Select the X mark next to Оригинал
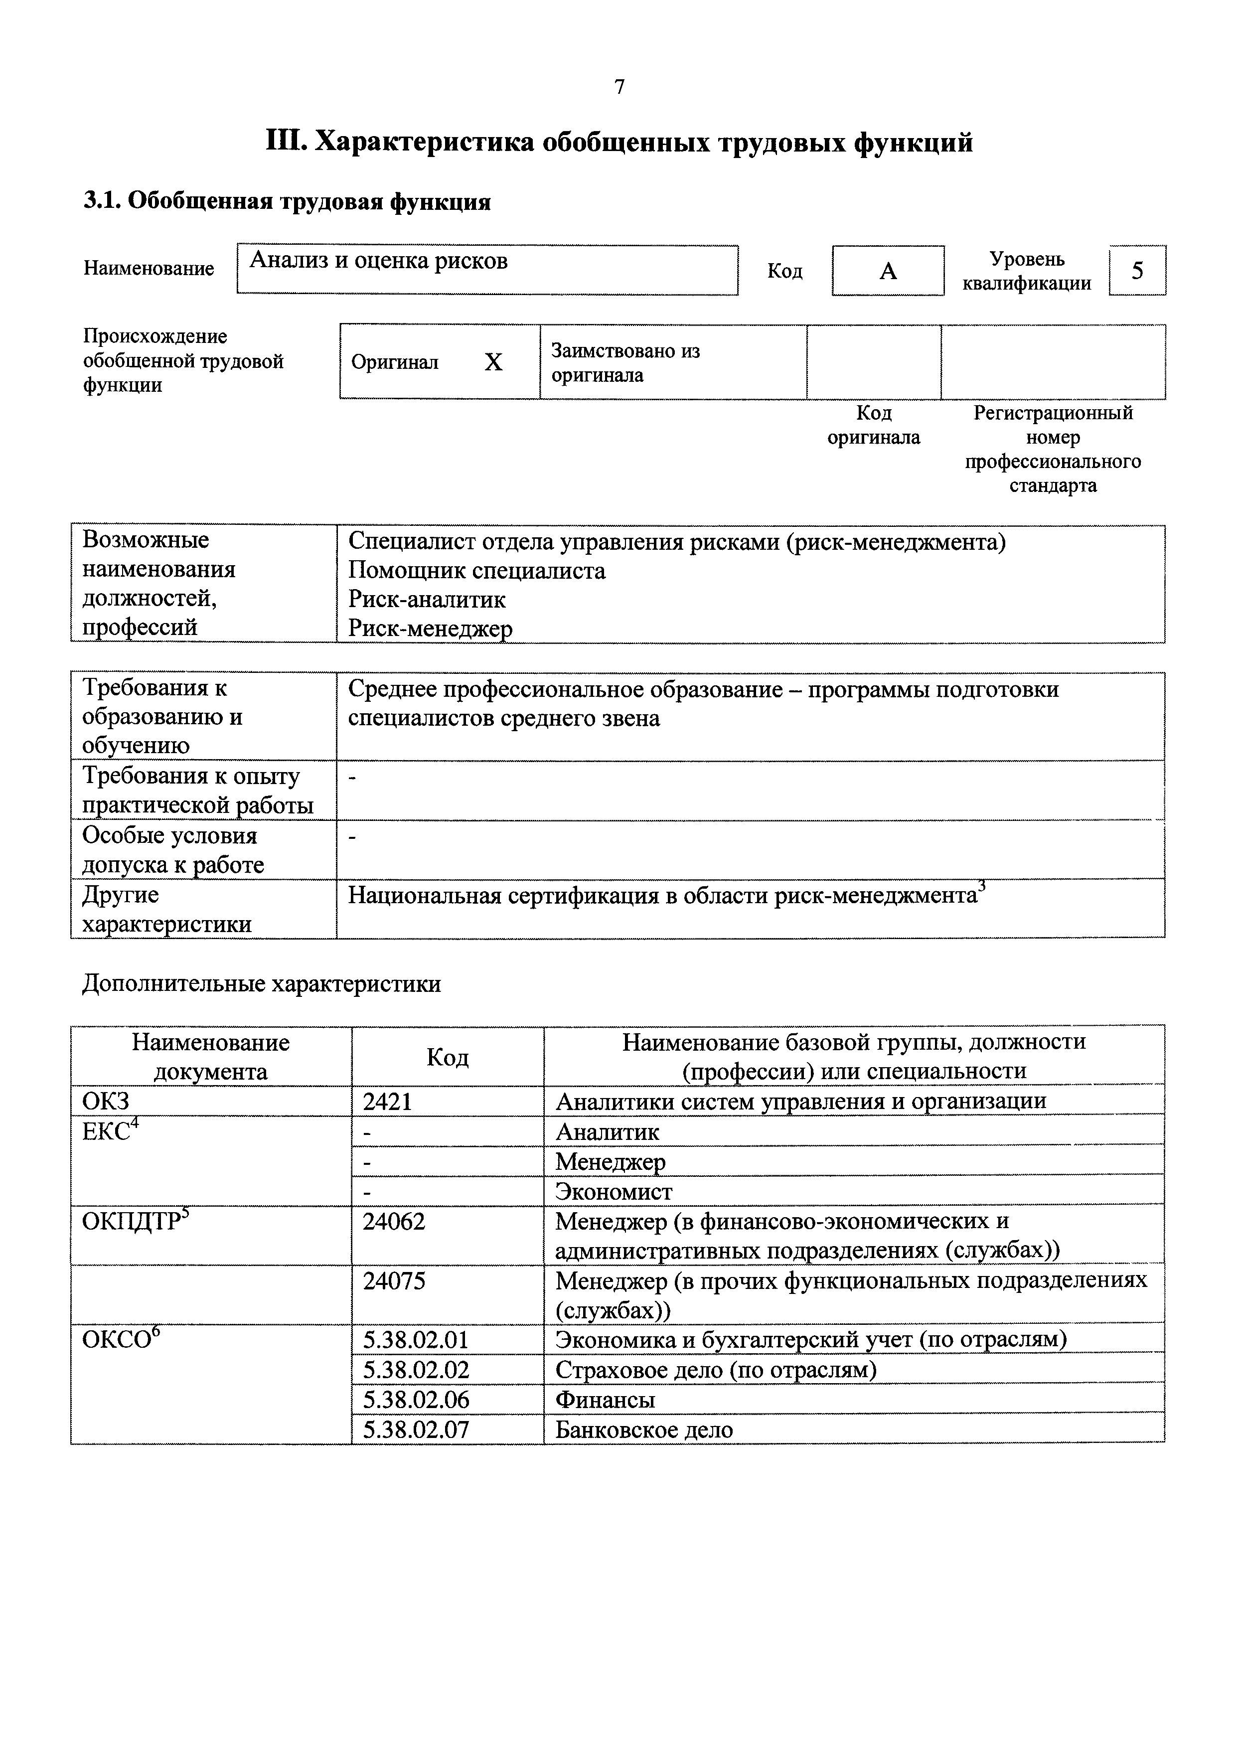point(493,362)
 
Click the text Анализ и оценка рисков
point(379,261)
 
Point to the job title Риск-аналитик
point(427,600)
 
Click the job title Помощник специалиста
point(477,571)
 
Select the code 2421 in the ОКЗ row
point(388,1102)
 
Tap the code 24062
point(394,1222)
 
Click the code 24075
point(394,1281)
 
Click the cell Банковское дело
point(643,1430)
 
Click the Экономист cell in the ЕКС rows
point(614,1191)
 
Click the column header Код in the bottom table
point(447,1057)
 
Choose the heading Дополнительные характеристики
point(261,984)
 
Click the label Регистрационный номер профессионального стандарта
point(1053,450)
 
